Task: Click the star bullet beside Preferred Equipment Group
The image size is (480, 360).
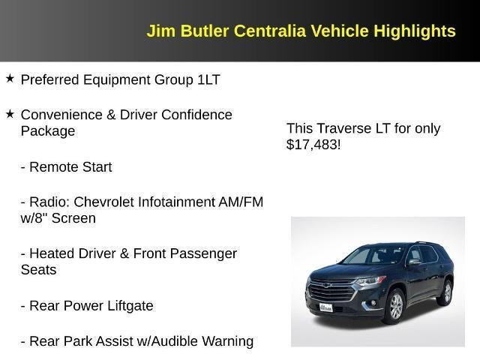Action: [10, 78]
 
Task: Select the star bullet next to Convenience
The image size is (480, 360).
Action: [10, 113]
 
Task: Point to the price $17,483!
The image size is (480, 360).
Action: [313, 145]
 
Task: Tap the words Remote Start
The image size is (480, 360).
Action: [70, 167]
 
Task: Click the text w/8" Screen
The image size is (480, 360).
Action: [58, 218]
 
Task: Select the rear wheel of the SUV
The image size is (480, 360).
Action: [447, 291]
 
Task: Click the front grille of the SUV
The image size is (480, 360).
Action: [331, 289]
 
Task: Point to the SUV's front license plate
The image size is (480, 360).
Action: [326, 307]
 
